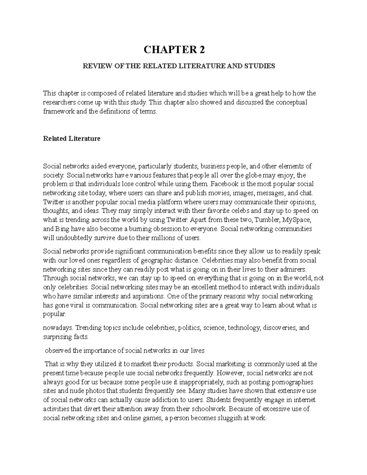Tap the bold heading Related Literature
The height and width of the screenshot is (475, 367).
point(72,139)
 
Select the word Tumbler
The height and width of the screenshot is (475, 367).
point(267,220)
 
